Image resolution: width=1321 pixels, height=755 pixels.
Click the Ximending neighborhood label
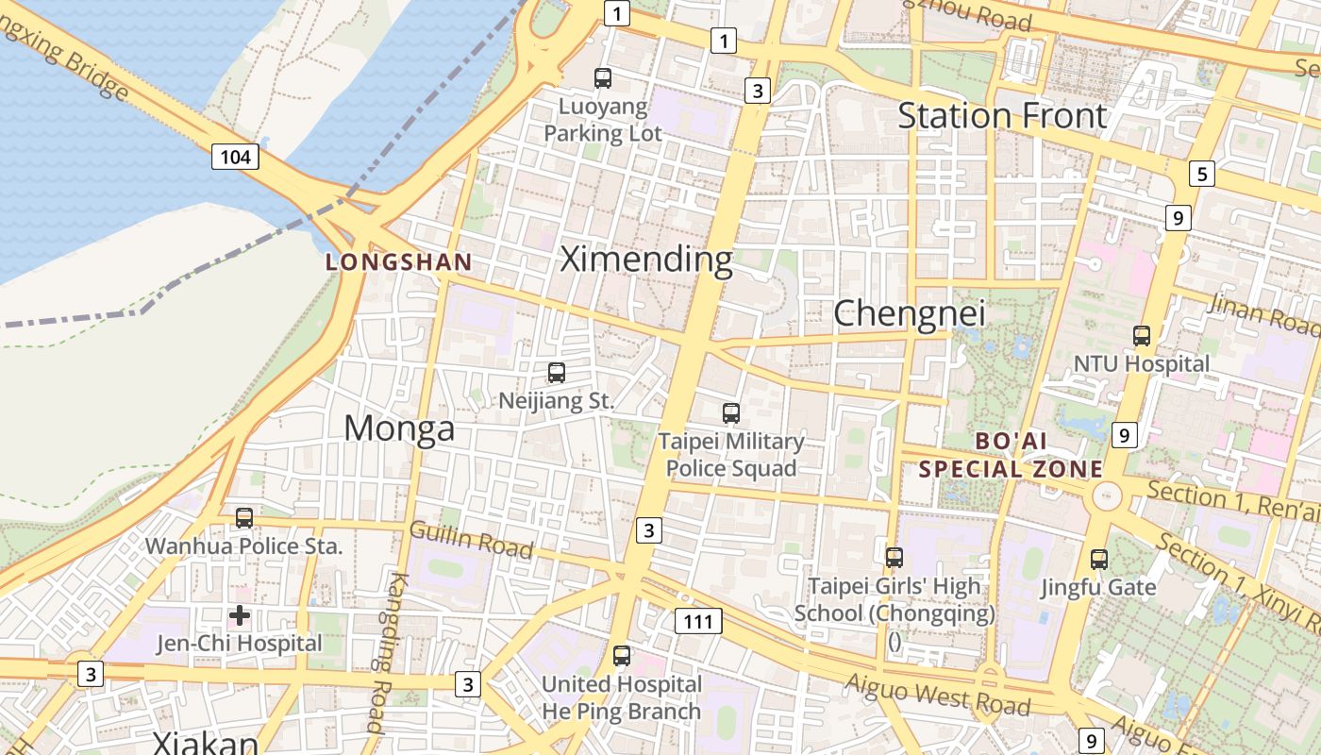coord(646,259)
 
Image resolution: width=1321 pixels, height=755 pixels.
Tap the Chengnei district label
coord(910,313)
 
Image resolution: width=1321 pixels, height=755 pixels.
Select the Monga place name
coord(399,428)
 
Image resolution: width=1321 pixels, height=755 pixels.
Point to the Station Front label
coord(1001,116)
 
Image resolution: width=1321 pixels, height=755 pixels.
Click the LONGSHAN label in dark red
coord(398,262)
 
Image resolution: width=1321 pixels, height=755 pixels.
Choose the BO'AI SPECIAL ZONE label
coord(1011,455)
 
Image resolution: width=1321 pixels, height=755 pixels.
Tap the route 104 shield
coord(234,156)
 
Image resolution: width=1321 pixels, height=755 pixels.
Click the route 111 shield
coord(698,620)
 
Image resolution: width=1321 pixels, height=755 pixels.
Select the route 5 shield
coord(1201,174)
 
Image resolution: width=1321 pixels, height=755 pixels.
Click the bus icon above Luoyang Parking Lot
coord(603,78)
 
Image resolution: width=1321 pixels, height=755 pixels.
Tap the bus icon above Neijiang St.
coord(557,373)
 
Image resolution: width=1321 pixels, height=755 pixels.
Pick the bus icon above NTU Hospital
coord(1142,335)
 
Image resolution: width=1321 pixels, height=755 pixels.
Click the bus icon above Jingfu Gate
coord(1098,559)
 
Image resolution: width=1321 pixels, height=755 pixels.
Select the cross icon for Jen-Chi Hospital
coord(240,615)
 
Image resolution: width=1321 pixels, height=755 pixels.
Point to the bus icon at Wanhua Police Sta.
coord(243,517)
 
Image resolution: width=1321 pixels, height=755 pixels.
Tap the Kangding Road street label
coord(387,651)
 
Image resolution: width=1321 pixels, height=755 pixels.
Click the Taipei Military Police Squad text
coord(731,454)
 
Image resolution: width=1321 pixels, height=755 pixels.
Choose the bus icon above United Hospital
coord(621,655)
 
